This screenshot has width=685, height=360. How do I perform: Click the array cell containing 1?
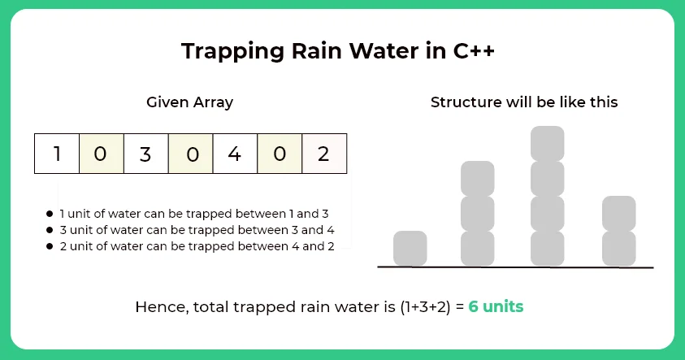(x=57, y=154)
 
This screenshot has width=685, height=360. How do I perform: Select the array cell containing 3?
(x=146, y=154)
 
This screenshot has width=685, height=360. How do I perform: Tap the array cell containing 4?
(x=235, y=154)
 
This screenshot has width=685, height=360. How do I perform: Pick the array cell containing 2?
(x=323, y=154)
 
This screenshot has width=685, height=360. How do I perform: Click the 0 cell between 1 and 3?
(x=101, y=154)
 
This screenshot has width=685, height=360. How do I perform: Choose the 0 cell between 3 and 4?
(x=191, y=154)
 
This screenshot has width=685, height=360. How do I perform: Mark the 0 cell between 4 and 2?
(x=280, y=154)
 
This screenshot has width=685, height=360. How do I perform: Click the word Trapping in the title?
(x=224, y=51)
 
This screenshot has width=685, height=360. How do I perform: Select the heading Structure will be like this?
(x=524, y=102)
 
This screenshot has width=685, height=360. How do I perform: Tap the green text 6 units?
(x=496, y=308)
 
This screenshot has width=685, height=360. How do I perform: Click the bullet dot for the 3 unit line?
(x=50, y=230)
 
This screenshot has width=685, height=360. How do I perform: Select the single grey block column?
(x=410, y=248)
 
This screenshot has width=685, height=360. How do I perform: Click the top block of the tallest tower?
(x=547, y=143)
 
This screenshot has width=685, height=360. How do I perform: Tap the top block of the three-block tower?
(x=478, y=178)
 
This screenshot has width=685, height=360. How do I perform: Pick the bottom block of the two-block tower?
(x=619, y=248)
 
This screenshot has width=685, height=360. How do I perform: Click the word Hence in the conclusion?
(x=158, y=308)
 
